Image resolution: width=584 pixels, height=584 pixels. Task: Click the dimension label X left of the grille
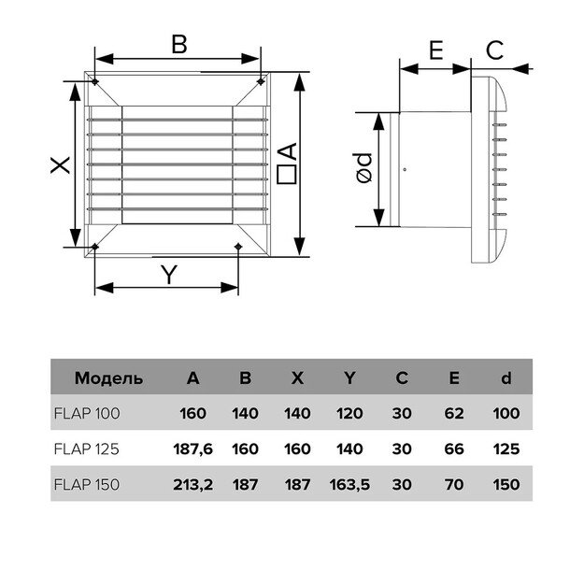59,165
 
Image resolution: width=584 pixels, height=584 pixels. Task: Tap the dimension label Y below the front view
168,275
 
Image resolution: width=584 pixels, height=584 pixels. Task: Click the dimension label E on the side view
435,50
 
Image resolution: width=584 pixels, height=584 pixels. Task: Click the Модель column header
109,378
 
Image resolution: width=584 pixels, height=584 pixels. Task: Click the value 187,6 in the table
193,449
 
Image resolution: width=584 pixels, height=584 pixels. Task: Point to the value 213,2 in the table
193,484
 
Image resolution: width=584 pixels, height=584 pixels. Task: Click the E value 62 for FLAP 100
454,412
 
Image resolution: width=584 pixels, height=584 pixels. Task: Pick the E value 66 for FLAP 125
454,449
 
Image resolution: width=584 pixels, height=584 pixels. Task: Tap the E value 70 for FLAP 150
454,484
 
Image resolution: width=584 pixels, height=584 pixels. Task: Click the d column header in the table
506,378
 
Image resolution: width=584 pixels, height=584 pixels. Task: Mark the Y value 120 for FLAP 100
349,412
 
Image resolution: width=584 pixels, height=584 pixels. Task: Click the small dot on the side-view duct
404,170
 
